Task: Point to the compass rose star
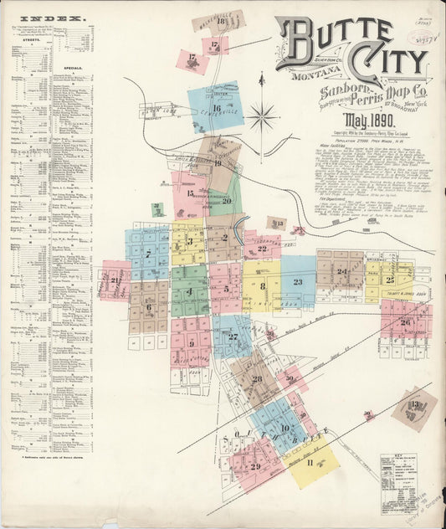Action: point(262,114)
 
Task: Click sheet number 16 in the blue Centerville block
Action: point(216,108)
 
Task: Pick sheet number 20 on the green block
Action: point(227,200)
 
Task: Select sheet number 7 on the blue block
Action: point(148,254)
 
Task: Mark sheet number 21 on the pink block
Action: point(114,280)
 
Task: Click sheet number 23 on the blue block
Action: point(298,282)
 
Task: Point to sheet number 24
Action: point(341,271)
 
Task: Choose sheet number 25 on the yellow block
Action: point(390,280)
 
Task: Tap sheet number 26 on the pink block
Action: point(405,322)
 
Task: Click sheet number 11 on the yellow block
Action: point(310,462)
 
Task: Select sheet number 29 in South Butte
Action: point(254,466)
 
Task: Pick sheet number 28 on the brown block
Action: point(257,379)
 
